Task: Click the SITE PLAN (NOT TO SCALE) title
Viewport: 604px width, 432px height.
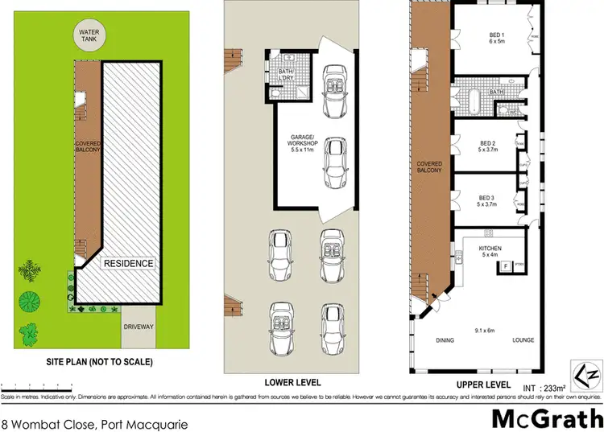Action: click(x=98, y=360)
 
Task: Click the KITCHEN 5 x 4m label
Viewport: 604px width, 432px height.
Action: click(x=490, y=252)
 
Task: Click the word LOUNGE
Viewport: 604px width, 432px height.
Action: click(x=523, y=340)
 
